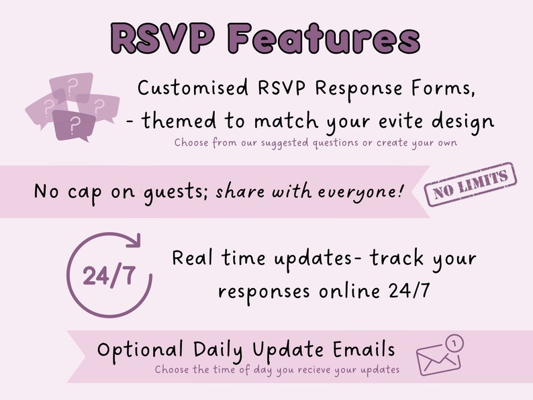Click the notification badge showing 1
point(456,344)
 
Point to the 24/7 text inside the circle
point(108,276)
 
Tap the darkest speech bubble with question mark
point(70,124)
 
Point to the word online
point(347,291)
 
